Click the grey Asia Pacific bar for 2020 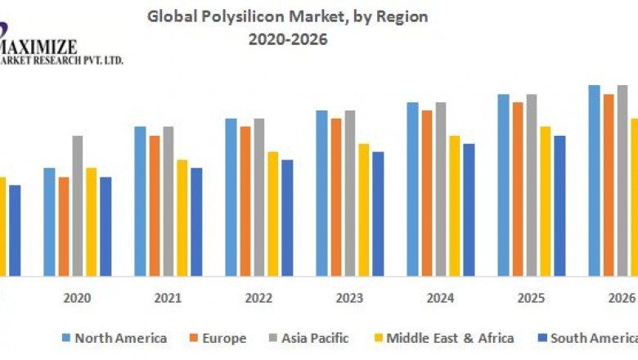point(78,205)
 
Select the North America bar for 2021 point(140,201)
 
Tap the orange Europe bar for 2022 point(245,201)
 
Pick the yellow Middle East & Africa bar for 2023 point(364,209)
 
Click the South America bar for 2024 point(469,209)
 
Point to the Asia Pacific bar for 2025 point(532,185)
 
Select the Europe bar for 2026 point(609,185)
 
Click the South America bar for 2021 point(196,222)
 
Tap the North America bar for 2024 point(412,189)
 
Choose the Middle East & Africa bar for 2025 point(546,201)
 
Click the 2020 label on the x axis point(78,299)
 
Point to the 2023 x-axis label point(349,299)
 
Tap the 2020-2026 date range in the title point(287,38)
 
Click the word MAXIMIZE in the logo point(40,46)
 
